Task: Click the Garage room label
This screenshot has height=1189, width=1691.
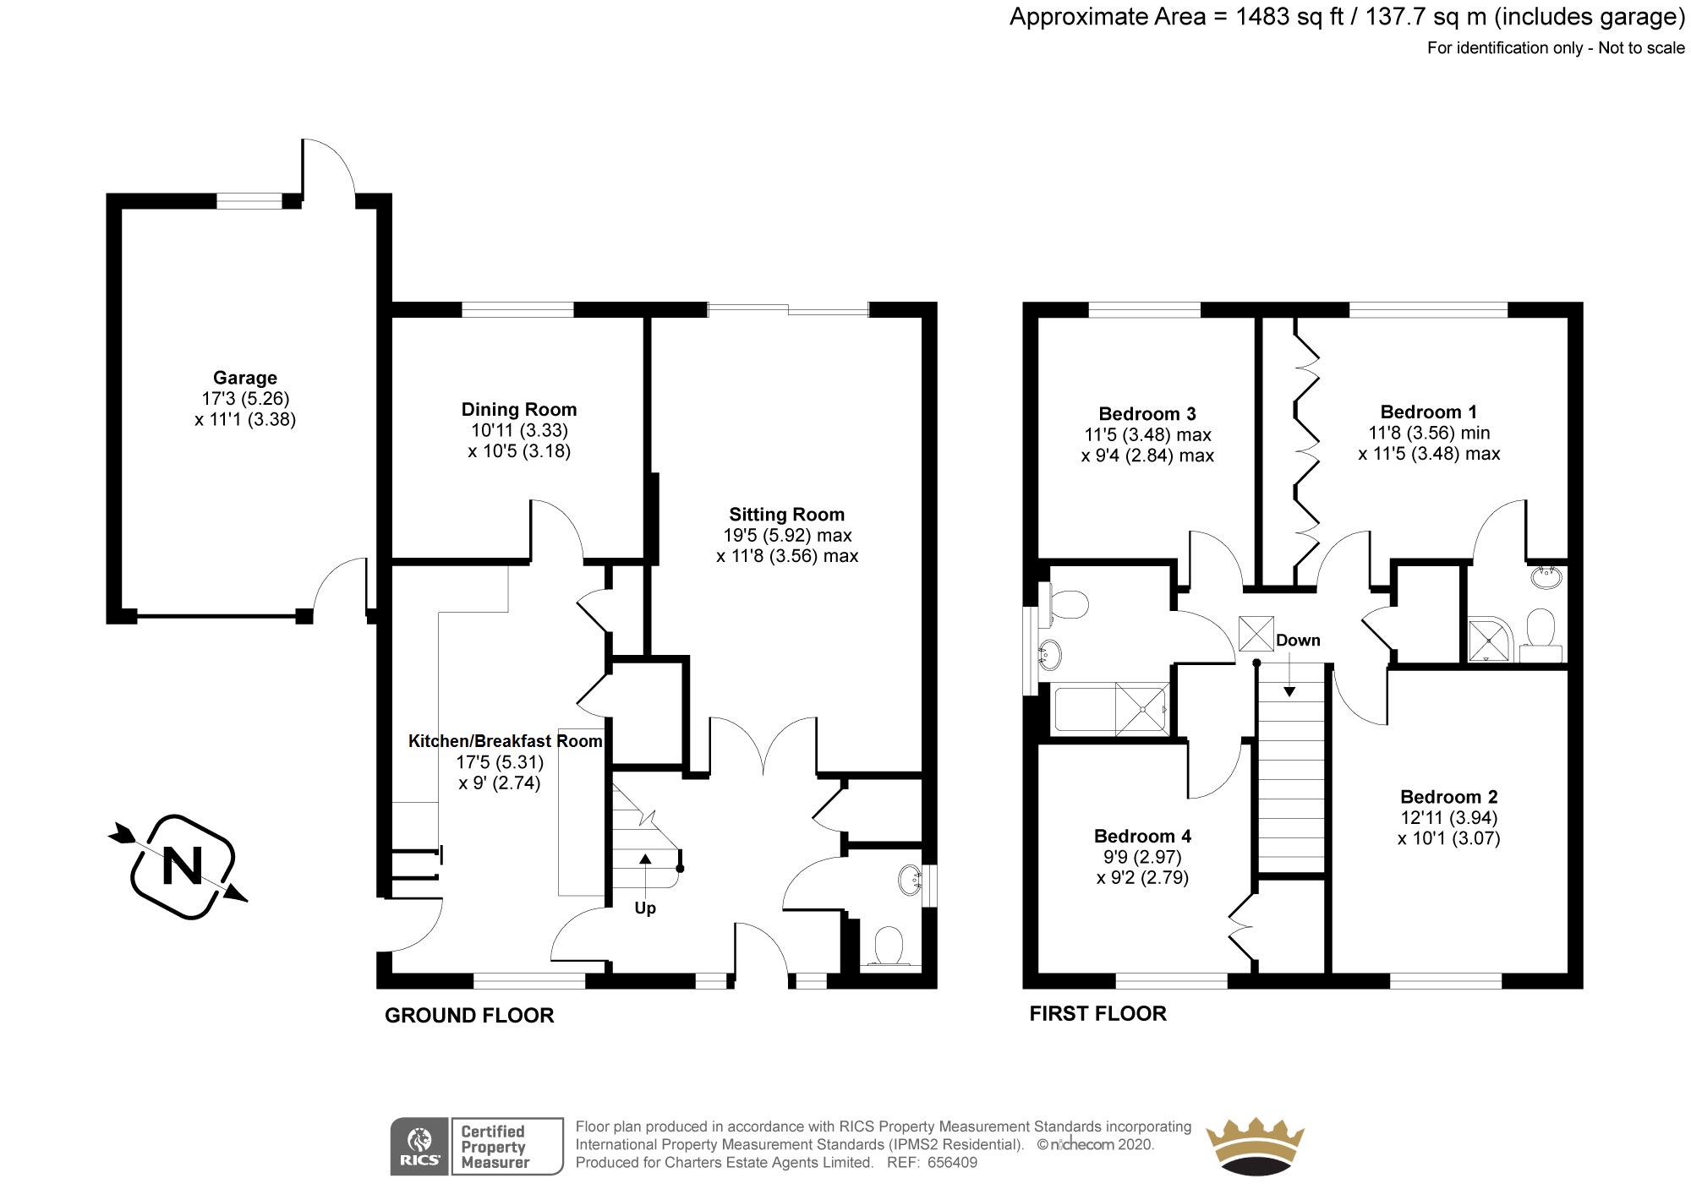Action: coord(244,378)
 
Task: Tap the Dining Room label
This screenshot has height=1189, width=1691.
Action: coord(518,409)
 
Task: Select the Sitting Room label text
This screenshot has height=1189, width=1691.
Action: coord(786,514)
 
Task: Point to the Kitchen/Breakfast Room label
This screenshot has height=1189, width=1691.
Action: coord(505,741)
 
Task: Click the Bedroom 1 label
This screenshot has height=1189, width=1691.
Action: coord(1428,412)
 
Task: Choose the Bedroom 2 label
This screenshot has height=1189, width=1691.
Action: coord(1448,796)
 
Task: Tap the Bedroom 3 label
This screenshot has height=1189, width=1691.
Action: coord(1146,413)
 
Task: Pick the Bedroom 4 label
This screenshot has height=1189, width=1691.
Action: coord(1142,836)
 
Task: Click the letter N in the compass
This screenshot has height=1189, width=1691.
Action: coord(182,866)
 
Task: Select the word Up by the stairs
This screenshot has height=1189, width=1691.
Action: coord(645,908)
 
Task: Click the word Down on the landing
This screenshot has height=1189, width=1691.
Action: coord(1298,640)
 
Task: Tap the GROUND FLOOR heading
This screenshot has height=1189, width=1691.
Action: coord(469,1015)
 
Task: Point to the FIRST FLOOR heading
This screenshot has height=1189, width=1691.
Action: coord(1097,1013)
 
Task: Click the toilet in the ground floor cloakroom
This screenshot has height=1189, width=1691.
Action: coord(888,946)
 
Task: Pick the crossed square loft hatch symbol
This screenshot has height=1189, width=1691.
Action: coord(1256,633)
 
